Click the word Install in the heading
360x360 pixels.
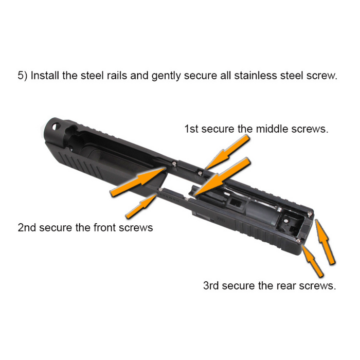45,75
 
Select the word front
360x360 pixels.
104,228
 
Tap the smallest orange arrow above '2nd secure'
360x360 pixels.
141,206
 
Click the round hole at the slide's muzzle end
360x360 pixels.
56,126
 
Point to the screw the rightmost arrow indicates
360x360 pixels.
310,214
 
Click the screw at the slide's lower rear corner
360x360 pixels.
298,241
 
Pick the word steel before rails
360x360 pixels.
92,75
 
